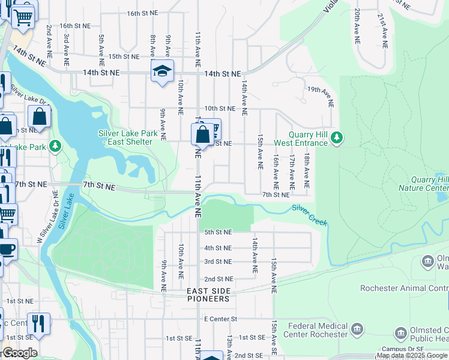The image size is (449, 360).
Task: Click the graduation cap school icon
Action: [161, 71]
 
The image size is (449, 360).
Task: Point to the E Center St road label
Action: [220, 319]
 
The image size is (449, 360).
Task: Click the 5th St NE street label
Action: [217, 232]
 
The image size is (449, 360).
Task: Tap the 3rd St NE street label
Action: [217, 262]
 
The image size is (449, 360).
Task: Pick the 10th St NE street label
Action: [219, 109]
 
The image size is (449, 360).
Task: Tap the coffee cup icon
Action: [7, 249]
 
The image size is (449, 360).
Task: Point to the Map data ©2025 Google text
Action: [412, 356]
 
